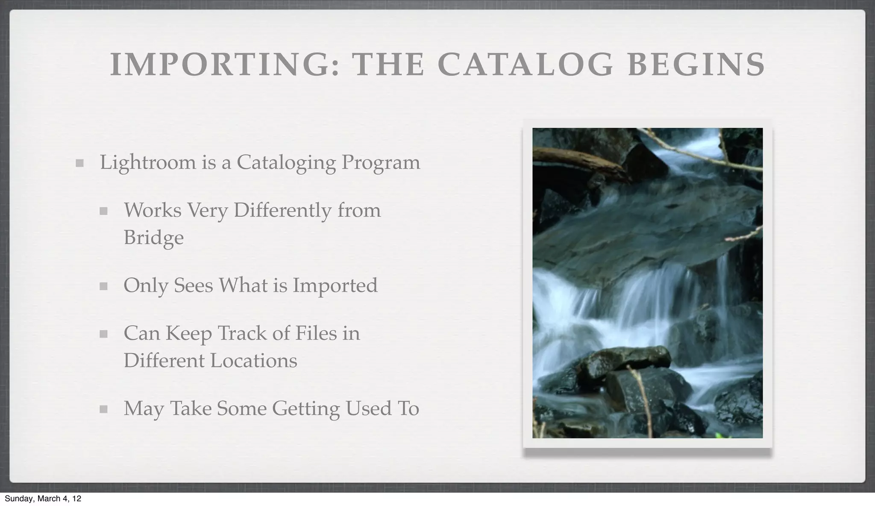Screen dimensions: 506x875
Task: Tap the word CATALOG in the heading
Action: pyautogui.click(x=525, y=65)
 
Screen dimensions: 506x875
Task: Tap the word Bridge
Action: pyautogui.click(x=153, y=238)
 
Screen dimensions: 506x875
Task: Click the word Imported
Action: pyautogui.click(x=335, y=285)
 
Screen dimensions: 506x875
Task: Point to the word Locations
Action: pyautogui.click(x=253, y=361)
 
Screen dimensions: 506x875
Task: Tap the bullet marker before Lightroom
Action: pyautogui.click(x=79, y=163)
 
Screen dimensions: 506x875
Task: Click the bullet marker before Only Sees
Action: pyautogui.click(x=103, y=286)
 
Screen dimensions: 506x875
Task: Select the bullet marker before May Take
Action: pyautogui.click(x=103, y=409)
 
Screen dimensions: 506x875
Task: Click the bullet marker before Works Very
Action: pyautogui.click(x=103, y=211)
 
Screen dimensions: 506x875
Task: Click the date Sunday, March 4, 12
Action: pyautogui.click(x=43, y=498)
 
